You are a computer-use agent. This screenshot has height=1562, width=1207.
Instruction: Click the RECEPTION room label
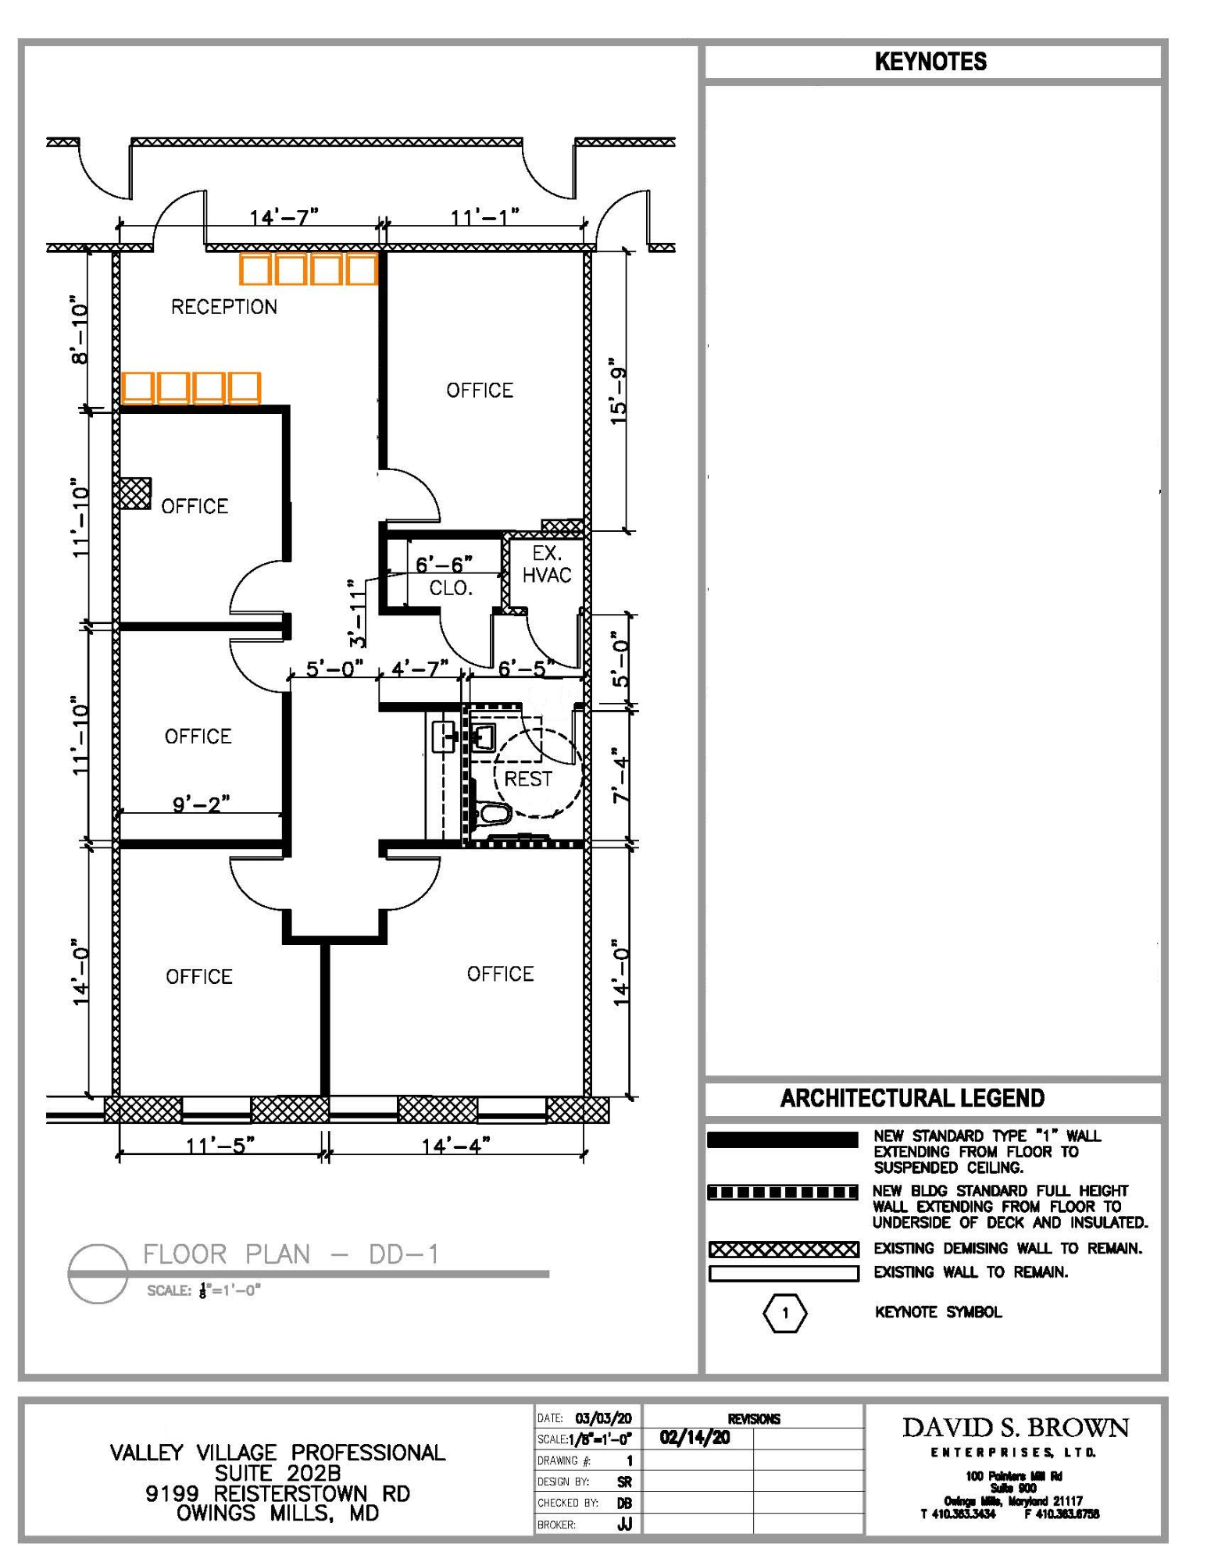tap(224, 307)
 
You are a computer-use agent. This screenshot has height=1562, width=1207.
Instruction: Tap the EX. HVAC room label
tap(547, 565)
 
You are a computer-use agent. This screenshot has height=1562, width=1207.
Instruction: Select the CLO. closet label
tap(451, 588)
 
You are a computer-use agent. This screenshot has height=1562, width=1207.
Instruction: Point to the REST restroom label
tap(528, 779)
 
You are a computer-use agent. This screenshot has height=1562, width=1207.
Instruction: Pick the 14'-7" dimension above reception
tap(284, 216)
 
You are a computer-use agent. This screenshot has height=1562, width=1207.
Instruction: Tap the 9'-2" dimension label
tap(201, 803)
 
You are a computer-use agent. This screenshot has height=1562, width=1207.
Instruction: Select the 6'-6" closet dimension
tap(444, 564)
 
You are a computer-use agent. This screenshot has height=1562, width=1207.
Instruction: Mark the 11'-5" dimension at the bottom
tap(220, 1146)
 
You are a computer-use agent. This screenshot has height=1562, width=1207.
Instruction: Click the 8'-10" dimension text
tap(80, 330)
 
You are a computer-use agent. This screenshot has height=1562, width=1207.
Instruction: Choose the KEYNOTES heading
tap(930, 62)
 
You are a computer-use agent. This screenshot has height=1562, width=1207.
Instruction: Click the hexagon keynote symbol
tap(785, 1313)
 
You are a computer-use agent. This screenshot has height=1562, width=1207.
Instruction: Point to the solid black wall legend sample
tap(782, 1140)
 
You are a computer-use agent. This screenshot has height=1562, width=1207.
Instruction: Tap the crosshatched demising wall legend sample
tap(784, 1250)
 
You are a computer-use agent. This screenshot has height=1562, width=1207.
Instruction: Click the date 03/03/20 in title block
tap(603, 1418)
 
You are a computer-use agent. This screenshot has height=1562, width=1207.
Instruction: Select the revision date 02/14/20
tap(695, 1438)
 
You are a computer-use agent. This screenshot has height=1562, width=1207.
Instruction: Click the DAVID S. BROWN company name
tap(1016, 1428)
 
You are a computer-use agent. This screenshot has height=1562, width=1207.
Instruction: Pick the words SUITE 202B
tap(277, 1473)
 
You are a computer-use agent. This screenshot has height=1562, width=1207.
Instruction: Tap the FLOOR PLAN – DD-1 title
tap(291, 1254)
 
